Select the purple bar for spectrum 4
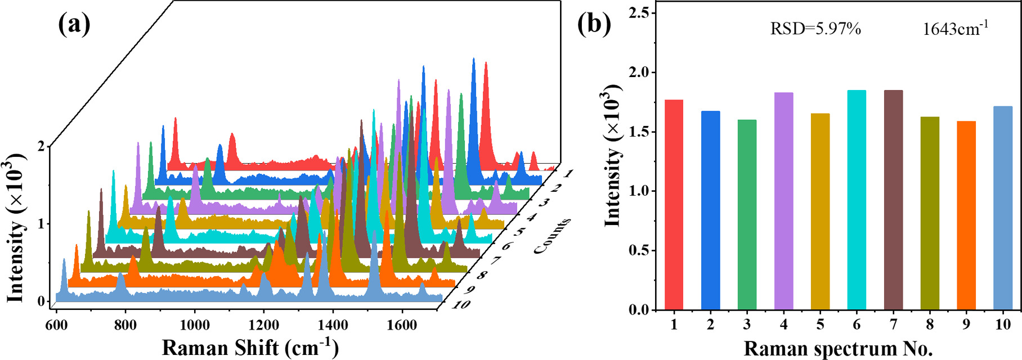(x=783, y=201)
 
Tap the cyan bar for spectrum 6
(x=857, y=200)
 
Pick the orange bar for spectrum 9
(x=966, y=216)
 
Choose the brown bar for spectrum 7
(x=893, y=200)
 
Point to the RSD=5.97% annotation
(x=815, y=29)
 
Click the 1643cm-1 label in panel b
(x=955, y=29)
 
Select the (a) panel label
(x=74, y=24)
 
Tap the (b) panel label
(x=594, y=24)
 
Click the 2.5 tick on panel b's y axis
(x=639, y=13)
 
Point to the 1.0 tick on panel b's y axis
(x=639, y=191)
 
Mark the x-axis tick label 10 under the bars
(x=1002, y=325)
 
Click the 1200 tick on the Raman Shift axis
(x=263, y=325)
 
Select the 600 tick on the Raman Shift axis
(x=56, y=325)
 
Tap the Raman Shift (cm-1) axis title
(x=250, y=348)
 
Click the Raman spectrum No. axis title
(x=838, y=349)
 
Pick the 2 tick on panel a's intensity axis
(x=41, y=146)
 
